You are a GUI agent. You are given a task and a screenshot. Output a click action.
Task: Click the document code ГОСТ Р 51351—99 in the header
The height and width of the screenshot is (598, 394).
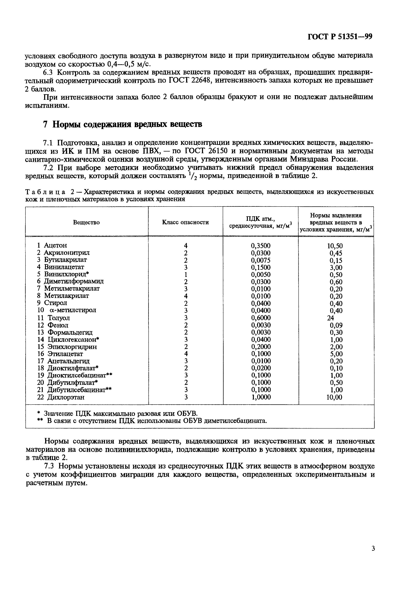click(x=340, y=37)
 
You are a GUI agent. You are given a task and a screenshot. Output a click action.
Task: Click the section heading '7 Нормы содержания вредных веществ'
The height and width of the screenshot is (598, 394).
click(x=123, y=124)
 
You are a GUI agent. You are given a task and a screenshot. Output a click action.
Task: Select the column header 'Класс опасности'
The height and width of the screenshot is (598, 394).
click(x=185, y=222)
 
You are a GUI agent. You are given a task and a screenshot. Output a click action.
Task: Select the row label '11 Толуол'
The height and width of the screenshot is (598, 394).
click(x=54, y=318)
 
